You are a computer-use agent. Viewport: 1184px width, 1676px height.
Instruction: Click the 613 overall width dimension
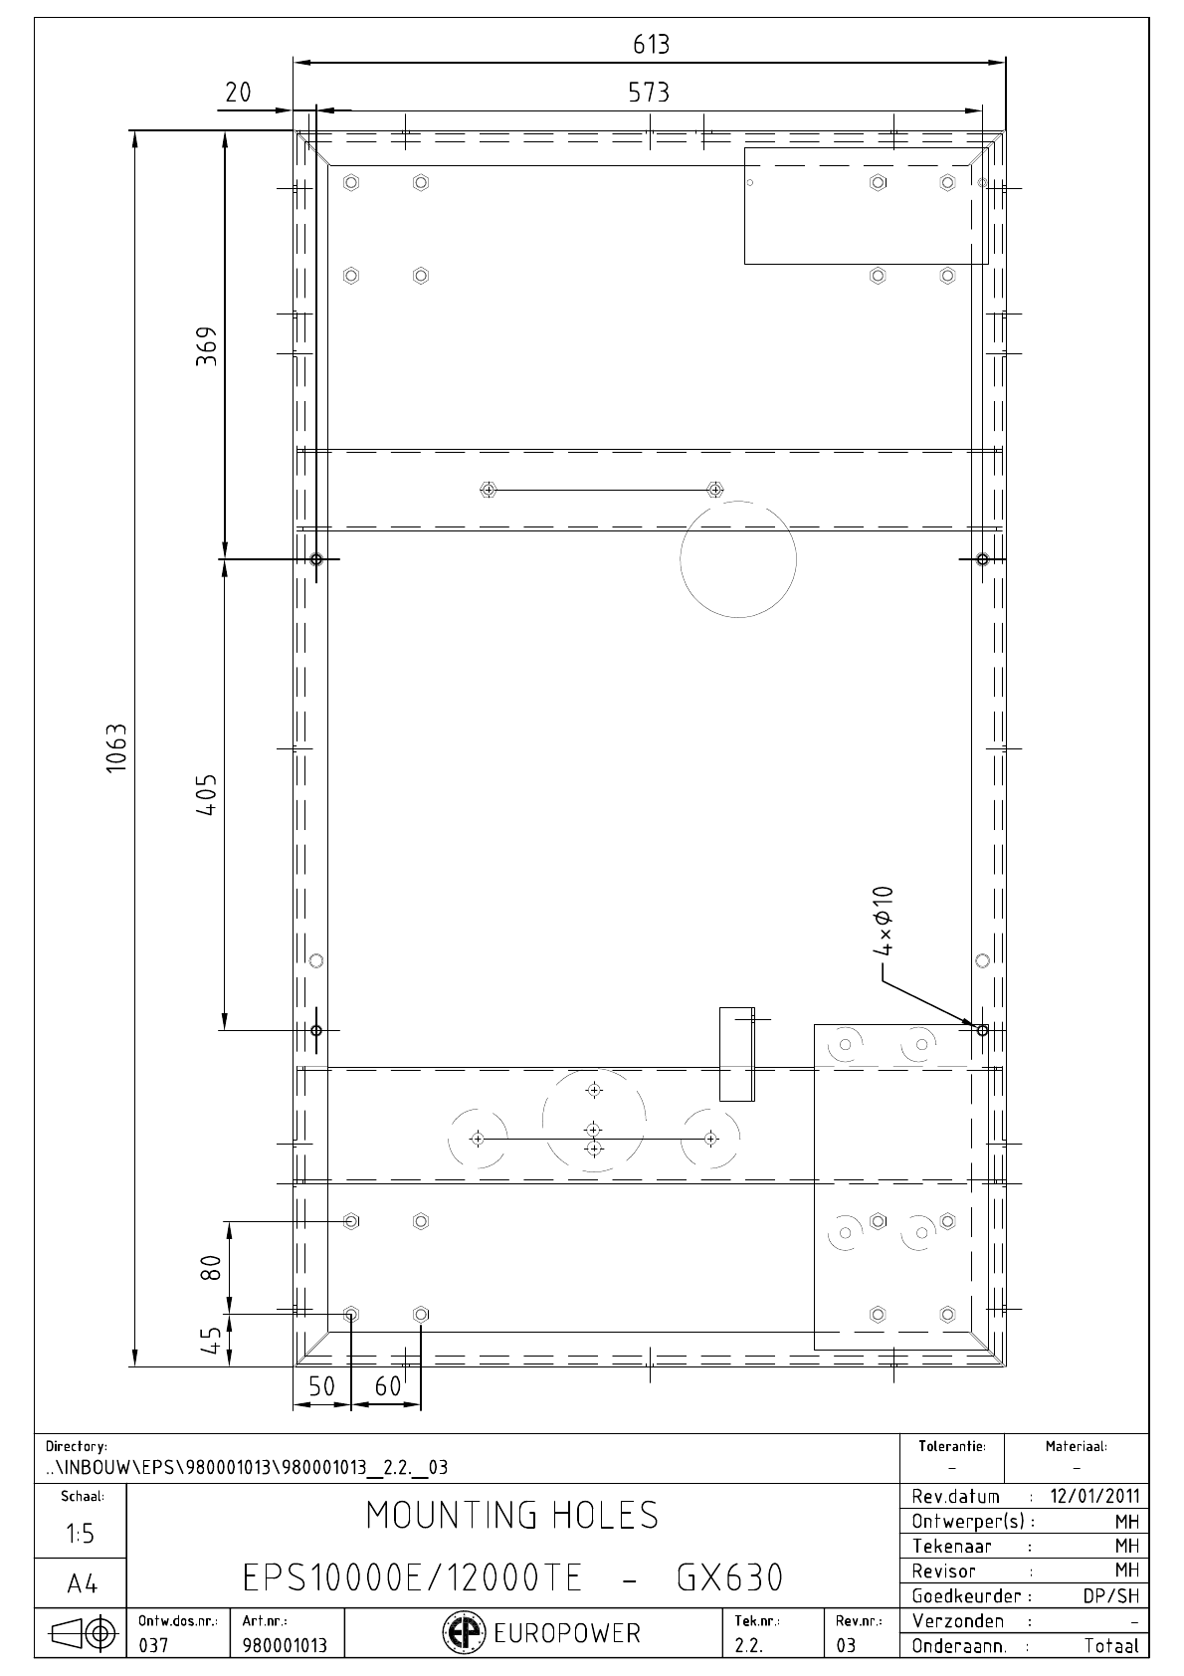pos(651,45)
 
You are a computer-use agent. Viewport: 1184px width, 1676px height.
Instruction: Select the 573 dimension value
pos(649,93)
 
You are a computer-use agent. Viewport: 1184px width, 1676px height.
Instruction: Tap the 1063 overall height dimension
pos(116,747)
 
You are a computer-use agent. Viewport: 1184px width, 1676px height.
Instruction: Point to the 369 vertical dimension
pos(206,345)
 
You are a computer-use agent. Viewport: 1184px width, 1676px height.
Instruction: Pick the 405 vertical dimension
pos(206,794)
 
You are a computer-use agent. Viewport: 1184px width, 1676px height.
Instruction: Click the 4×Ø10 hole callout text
pos(884,921)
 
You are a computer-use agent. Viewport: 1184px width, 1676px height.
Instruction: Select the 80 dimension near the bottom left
pos(212,1268)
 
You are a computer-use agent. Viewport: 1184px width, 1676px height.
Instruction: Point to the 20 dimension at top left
pos(238,93)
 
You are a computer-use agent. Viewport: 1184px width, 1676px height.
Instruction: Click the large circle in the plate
pos(738,502)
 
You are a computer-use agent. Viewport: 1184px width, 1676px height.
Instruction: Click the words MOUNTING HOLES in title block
pos(512,1515)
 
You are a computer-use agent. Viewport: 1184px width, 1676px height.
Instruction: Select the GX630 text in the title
pos(730,1578)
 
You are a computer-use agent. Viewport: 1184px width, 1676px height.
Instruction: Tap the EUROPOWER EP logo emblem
pos(459,1632)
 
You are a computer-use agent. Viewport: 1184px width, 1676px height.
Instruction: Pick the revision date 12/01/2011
pos(1095,1496)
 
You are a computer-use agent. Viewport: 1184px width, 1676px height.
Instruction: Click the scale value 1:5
pos(81,1534)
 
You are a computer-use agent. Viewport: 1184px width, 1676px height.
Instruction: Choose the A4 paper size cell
pos(82,1584)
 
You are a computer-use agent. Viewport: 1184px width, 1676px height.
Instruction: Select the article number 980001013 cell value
pos(285,1645)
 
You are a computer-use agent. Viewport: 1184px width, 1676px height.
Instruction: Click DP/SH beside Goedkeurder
pos(1111,1596)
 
